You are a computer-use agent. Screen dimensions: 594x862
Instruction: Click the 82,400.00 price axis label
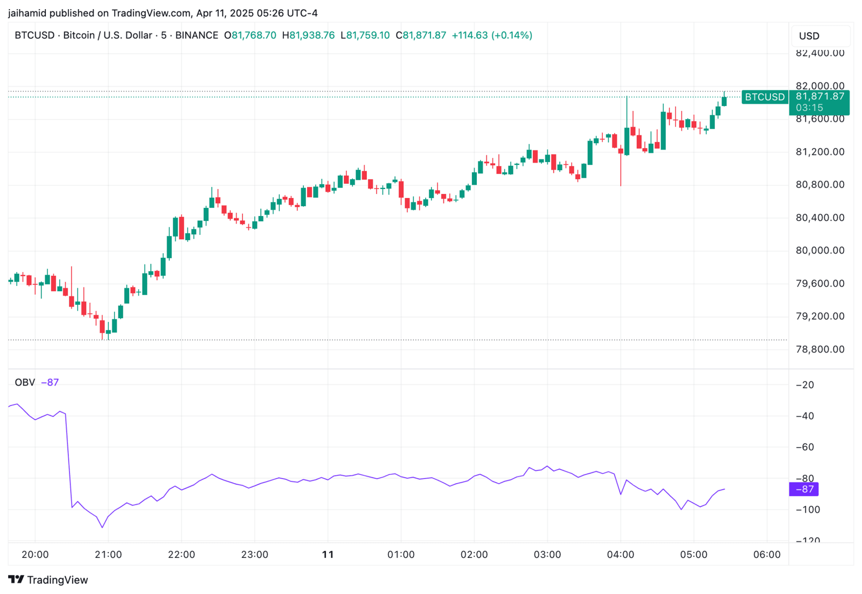(x=819, y=53)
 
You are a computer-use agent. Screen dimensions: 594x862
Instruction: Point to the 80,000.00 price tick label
(x=819, y=250)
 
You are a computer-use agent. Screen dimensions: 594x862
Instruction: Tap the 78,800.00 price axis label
(x=819, y=349)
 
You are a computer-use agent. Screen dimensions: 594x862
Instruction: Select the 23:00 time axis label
(x=255, y=555)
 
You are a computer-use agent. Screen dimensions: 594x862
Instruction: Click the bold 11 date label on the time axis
(x=328, y=555)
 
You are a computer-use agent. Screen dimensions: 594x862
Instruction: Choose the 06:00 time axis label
(x=767, y=555)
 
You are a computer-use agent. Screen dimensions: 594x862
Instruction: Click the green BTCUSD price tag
(x=764, y=97)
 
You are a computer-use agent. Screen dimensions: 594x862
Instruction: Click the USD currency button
(x=809, y=36)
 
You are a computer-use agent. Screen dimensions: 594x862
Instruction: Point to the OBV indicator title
(x=25, y=382)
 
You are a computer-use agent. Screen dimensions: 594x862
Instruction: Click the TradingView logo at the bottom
(x=48, y=580)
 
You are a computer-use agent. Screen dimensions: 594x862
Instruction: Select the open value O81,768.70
(x=250, y=36)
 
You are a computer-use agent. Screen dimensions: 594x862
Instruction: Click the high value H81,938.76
(x=308, y=36)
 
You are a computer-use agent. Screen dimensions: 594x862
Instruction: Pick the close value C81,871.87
(x=421, y=36)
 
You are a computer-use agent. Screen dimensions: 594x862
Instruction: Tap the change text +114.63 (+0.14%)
(x=492, y=36)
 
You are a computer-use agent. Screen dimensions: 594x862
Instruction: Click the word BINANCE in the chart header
(x=197, y=36)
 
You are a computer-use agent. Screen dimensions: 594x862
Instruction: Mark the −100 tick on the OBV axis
(x=809, y=509)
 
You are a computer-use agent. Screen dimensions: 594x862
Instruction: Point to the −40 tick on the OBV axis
(x=808, y=416)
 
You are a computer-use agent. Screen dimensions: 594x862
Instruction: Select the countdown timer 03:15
(x=809, y=108)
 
